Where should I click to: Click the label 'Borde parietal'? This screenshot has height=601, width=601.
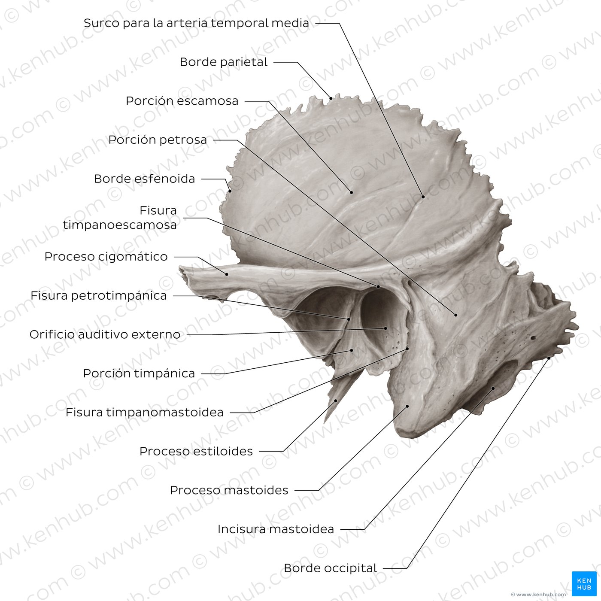pos(223,62)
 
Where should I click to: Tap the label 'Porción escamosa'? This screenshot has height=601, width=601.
pos(182,101)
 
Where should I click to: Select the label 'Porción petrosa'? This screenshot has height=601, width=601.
pos(158,140)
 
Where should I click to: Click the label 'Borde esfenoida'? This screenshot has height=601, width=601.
pos(144,179)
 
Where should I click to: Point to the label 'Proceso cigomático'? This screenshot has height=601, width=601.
pos(106,257)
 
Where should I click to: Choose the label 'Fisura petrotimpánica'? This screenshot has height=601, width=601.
pos(98,296)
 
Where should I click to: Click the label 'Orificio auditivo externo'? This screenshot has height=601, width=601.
pos(105,334)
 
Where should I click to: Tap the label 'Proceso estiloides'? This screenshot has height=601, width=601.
pos(196,452)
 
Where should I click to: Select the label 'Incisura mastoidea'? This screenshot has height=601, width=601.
pos(276,529)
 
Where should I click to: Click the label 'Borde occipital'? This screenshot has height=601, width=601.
pos(330,568)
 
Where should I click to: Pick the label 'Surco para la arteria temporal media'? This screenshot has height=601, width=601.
pos(196,23)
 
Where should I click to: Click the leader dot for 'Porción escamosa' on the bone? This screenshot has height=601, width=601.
pos(352,192)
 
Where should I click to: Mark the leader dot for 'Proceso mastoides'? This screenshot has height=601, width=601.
pos(407,405)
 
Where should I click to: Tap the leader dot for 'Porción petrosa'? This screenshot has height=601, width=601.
pos(456,315)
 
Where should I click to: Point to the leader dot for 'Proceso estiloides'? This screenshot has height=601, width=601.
pos(336,401)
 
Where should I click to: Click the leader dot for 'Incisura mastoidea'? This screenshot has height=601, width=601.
pos(493,388)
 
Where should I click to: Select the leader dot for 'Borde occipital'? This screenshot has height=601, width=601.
pos(549,358)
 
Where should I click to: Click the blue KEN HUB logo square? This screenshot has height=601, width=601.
pos(584,584)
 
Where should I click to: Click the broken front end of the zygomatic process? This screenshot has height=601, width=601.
pos(182,272)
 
